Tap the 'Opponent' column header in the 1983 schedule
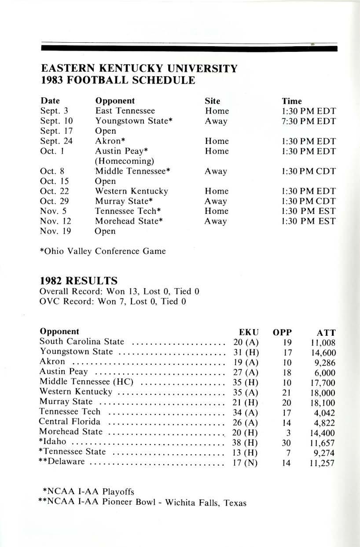coord(115,100)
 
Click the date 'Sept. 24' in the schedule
coord(56,141)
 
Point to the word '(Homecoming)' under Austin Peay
coord(121,161)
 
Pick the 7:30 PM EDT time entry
coord(309,121)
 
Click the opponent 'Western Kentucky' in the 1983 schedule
coord(131,191)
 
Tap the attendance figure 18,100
coord(323,403)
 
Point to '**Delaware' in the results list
coord(64,463)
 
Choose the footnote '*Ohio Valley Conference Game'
coord(103,251)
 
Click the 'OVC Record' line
coord(113,301)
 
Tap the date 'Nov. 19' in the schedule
coord(55,231)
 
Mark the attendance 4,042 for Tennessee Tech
coord(325,413)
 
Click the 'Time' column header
coord(292,100)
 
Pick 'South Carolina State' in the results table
coord(81,341)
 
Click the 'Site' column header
coord(212,100)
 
